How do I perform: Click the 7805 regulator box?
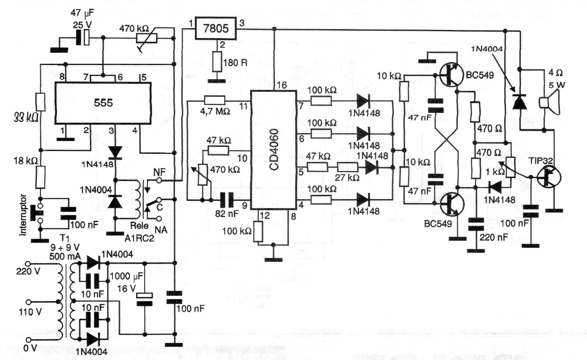point(216,30)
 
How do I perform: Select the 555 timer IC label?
point(103,103)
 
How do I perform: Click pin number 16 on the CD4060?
point(281,85)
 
